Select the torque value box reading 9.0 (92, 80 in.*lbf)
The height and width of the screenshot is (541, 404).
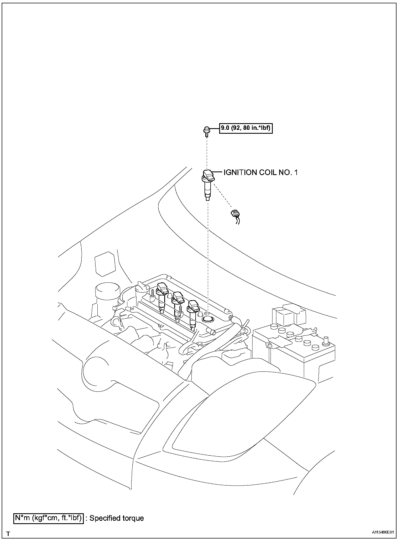point(246,128)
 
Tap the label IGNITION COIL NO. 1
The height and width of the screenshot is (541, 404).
point(261,173)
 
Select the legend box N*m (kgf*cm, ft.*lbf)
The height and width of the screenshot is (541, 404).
point(49,518)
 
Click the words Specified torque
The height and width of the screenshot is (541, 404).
point(117,518)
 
